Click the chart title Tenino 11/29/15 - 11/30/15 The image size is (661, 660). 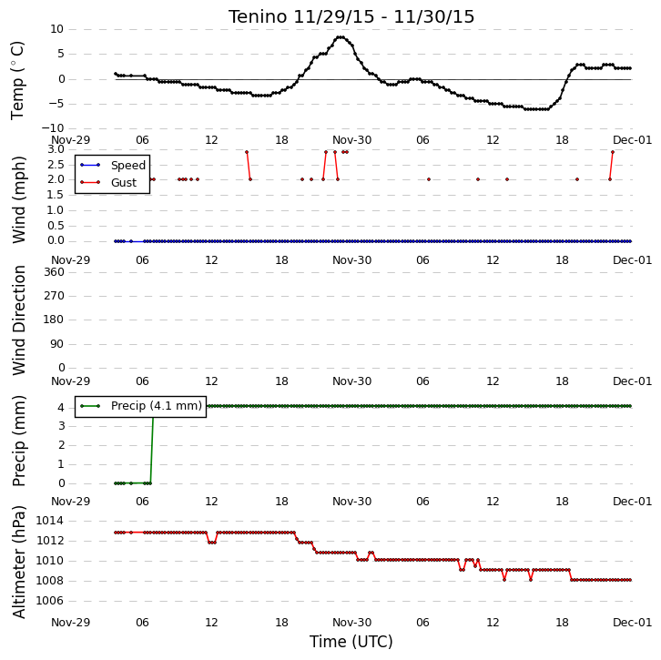point(351,17)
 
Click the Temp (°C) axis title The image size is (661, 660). point(17,80)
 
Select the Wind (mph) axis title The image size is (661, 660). point(18,199)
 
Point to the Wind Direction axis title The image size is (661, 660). point(18,320)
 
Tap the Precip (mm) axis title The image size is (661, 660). point(18,441)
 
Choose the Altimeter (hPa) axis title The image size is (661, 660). point(18,562)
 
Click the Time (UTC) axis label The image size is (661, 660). point(351,642)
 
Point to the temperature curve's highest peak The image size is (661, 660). point(341,37)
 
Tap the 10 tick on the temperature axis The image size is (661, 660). point(57,29)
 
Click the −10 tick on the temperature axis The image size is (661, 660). point(53,128)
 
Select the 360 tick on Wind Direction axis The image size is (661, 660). point(54,272)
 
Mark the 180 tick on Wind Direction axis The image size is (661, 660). point(54,320)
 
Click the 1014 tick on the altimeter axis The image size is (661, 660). point(50,521)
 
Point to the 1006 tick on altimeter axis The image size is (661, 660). point(50,601)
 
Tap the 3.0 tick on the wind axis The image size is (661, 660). point(56,149)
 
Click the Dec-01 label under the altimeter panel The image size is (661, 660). point(633,623)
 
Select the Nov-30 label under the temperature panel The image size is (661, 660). point(352,140)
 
